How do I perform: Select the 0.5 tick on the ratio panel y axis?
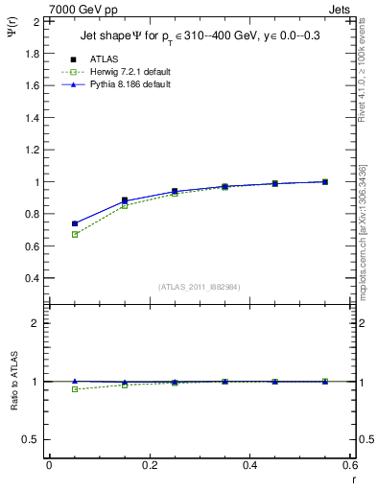tap(33, 439)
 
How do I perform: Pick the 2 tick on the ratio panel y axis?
tap(36, 323)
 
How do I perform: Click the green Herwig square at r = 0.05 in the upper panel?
tap(74, 234)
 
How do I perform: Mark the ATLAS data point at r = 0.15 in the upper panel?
tap(125, 200)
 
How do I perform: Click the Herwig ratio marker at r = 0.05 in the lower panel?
tap(74, 388)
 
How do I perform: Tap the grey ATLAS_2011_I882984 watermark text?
tap(200, 287)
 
